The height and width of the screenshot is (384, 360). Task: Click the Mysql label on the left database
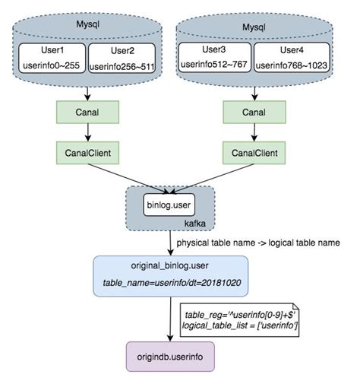pyautogui.click(x=88, y=25)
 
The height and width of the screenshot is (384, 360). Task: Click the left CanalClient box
pyautogui.click(x=89, y=153)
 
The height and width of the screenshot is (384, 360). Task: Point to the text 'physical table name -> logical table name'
pyautogui.click(x=258, y=243)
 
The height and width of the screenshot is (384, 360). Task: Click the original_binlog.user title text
pyautogui.click(x=169, y=267)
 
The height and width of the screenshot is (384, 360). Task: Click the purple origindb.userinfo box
pyautogui.click(x=169, y=354)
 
